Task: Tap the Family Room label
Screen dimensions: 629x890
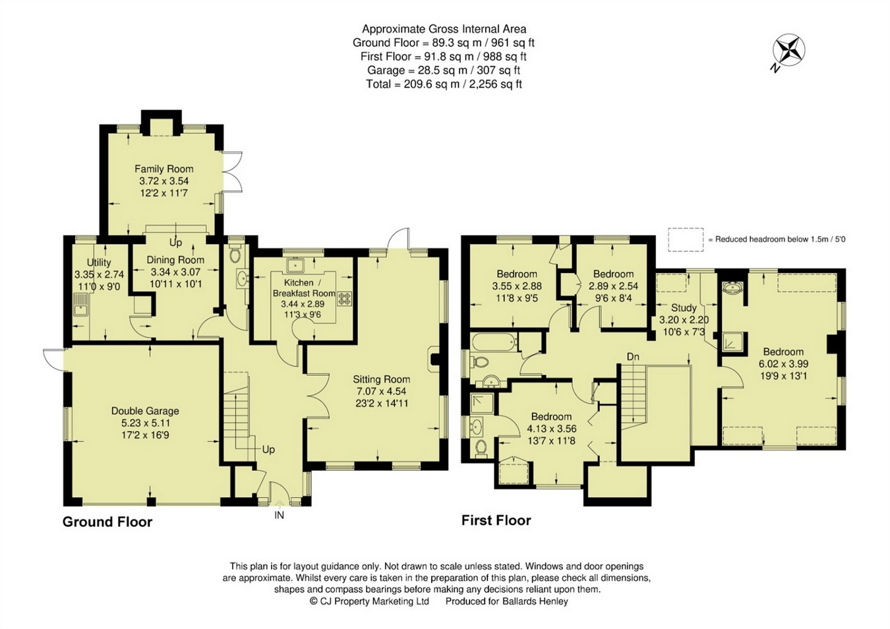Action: click(x=163, y=169)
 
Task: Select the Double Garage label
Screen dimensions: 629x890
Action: click(x=145, y=411)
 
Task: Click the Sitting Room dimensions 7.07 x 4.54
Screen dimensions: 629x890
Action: click(x=381, y=391)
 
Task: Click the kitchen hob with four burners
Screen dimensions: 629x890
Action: click(x=345, y=299)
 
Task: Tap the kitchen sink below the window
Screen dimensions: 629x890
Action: click(x=295, y=265)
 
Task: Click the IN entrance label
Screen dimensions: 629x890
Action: click(x=280, y=515)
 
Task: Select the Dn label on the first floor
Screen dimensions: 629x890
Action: click(x=633, y=357)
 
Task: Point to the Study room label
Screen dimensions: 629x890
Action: click(x=684, y=307)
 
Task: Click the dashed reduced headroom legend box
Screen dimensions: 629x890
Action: click(x=686, y=239)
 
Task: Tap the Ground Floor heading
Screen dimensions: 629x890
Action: click(x=107, y=522)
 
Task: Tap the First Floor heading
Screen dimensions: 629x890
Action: click(x=496, y=520)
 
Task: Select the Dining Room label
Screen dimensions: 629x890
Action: click(x=175, y=260)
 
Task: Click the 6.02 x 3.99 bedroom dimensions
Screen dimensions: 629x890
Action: click(x=783, y=363)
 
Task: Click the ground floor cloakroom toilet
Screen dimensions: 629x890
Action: click(x=235, y=255)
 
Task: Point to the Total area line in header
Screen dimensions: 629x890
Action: click(x=444, y=84)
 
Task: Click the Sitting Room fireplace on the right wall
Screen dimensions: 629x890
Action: click(x=435, y=359)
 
